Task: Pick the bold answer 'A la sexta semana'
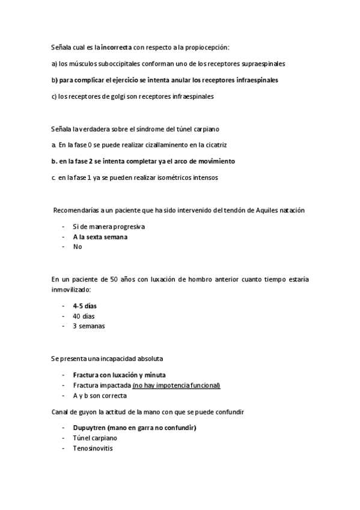pyautogui.click(x=100, y=236)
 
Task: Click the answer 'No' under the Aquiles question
pyautogui.click(x=77, y=246)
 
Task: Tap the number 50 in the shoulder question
pyautogui.click(x=100, y=280)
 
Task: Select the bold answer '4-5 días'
pyautogui.click(x=85, y=306)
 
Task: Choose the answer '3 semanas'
pyautogui.click(x=88, y=325)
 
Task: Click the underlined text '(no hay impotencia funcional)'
pyautogui.click(x=176, y=385)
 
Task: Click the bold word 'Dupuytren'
pyautogui.click(x=92, y=428)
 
